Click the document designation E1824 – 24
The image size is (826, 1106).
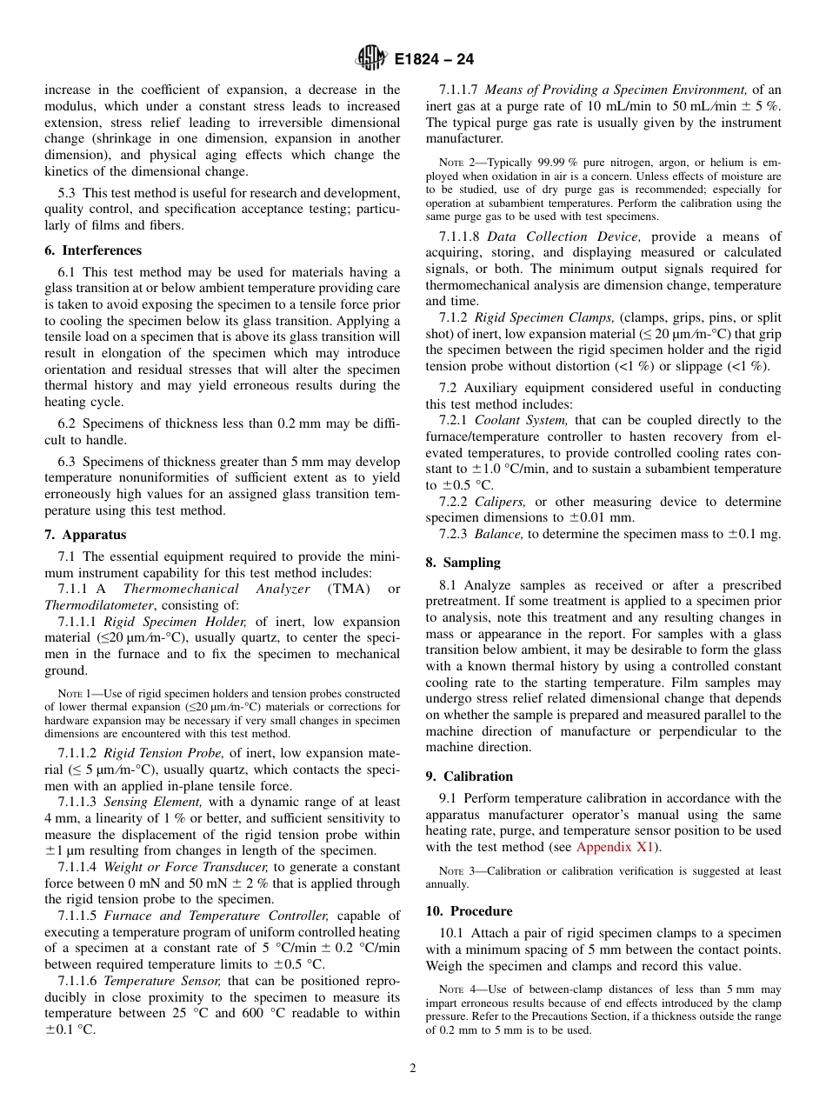(433, 60)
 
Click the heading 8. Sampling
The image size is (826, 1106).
(463, 563)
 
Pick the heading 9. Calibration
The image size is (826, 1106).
(469, 776)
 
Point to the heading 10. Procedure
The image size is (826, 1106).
(469, 910)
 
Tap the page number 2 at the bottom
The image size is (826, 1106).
(413, 1069)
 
